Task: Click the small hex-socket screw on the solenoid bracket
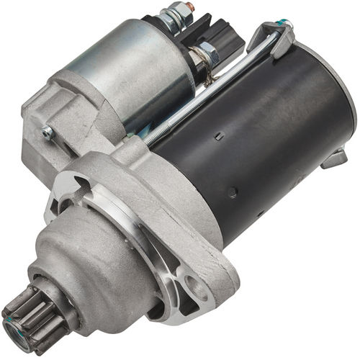[x=48, y=131]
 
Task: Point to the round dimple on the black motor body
[x=233, y=193]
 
